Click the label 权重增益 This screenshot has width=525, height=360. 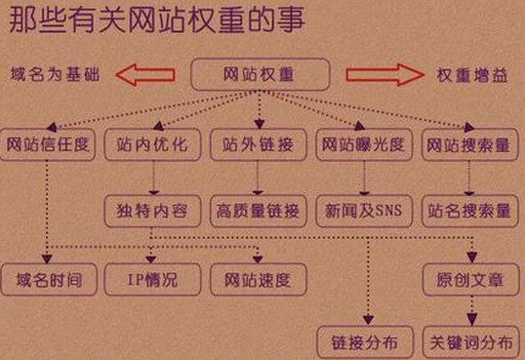point(471,75)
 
